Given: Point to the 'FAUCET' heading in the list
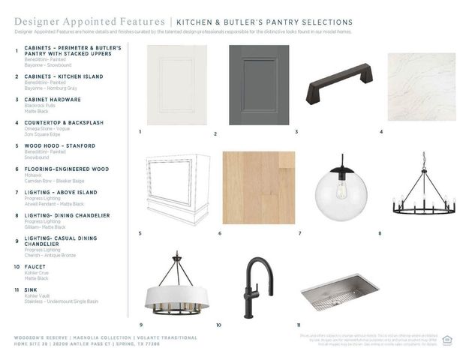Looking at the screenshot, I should (x=35, y=267).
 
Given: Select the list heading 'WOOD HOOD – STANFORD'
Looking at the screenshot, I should (x=59, y=145).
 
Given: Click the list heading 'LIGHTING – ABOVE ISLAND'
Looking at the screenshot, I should (x=61, y=192).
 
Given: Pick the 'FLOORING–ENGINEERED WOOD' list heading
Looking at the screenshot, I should (x=66, y=169).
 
